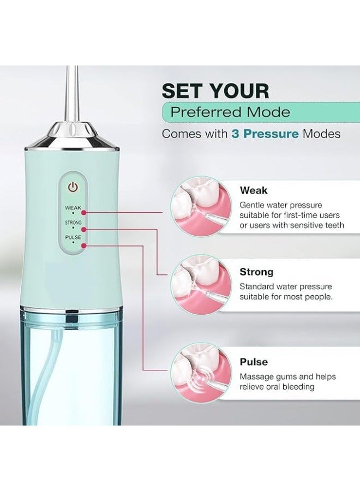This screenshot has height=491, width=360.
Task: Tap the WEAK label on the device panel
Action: coord(73,208)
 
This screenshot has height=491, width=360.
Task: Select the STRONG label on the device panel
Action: coord(73,223)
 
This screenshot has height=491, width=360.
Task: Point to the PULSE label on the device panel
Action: coord(73,237)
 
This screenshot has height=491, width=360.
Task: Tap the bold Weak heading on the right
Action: coord(254,190)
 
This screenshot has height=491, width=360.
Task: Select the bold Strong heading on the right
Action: coord(256,272)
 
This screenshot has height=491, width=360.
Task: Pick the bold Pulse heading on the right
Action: coord(253,362)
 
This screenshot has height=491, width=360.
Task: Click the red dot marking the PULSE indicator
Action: coord(83,247)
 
